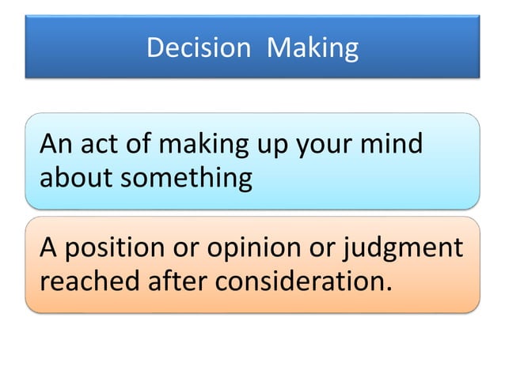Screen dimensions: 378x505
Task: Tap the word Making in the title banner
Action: pyautogui.click(x=312, y=49)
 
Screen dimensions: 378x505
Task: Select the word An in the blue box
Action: pyautogui.click(x=56, y=145)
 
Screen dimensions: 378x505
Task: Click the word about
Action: pyautogui.click(x=78, y=177)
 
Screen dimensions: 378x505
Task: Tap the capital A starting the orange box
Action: pyautogui.click(x=48, y=248)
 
